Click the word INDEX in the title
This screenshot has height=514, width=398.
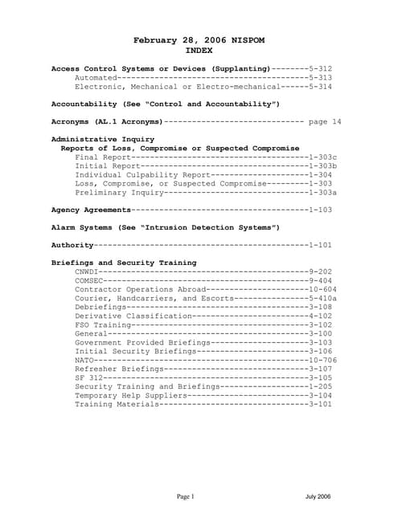click(199, 50)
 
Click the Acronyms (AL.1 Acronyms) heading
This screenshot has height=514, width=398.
click(107, 122)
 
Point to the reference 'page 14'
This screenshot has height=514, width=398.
click(325, 122)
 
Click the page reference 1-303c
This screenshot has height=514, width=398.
click(322, 157)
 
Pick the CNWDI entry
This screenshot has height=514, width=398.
click(87, 271)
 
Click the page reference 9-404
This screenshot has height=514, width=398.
click(320, 280)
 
